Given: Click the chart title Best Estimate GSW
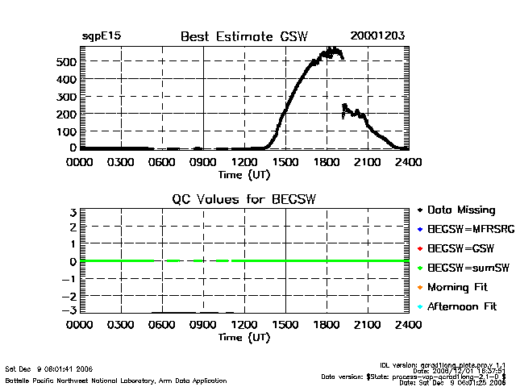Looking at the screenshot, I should (243, 36).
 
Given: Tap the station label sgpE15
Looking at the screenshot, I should (102, 36).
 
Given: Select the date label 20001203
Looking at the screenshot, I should (377, 36).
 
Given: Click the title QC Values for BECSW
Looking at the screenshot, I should (243, 199).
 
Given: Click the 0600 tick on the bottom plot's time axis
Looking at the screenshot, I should (162, 325).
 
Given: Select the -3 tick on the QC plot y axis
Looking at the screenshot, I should (71, 310).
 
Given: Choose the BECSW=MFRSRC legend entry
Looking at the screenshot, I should (465, 229).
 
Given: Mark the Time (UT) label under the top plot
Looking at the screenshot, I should (243, 173).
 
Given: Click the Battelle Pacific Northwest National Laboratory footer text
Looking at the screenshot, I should (116, 379).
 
